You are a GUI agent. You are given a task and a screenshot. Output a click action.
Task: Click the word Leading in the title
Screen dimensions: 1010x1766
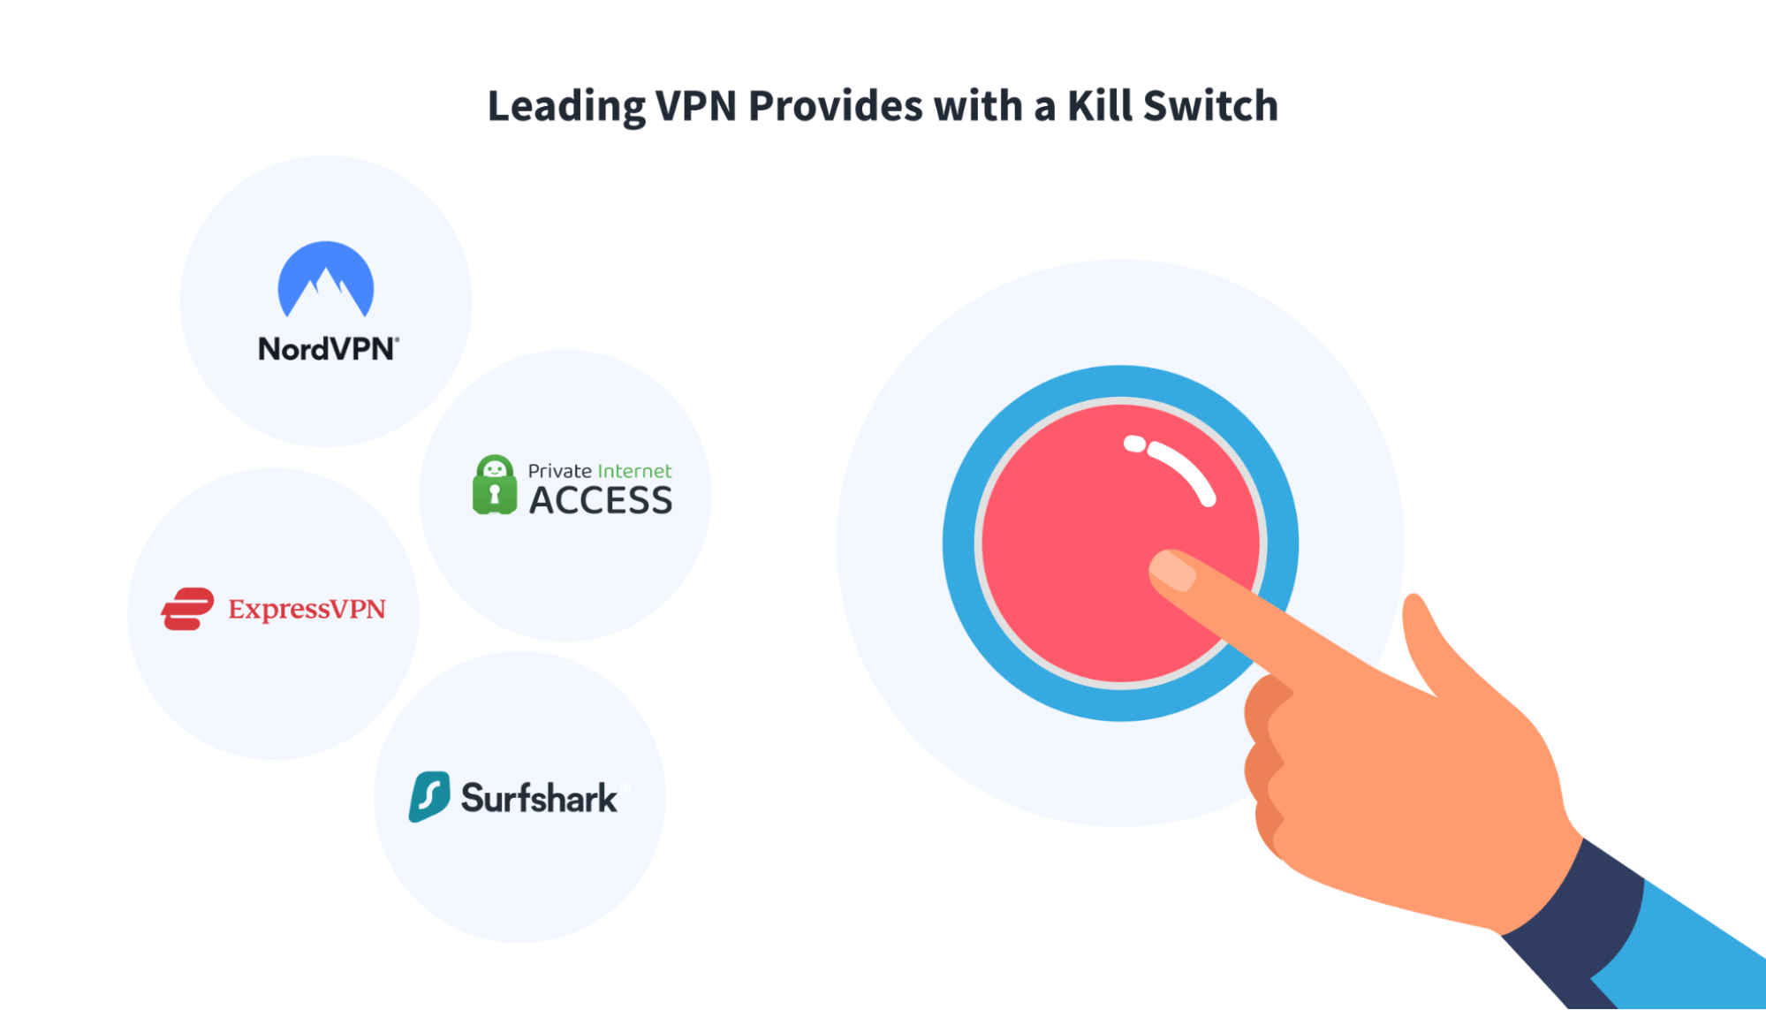(x=565, y=107)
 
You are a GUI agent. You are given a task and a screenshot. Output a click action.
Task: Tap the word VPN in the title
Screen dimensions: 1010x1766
(x=696, y=106)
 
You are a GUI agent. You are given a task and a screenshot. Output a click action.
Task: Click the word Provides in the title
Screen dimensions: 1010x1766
(x=836, y=106)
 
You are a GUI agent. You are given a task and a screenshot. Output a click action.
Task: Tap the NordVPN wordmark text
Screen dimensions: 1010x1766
(x=328, y=349)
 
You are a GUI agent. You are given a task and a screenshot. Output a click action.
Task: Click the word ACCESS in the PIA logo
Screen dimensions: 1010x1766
(x=601, y=501)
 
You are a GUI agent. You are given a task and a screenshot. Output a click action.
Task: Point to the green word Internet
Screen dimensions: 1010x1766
(x=634, y=471)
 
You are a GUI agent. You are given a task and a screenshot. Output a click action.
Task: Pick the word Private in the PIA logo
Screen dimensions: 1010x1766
(x=559, y=471)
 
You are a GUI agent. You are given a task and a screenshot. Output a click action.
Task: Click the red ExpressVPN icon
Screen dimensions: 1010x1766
(x=187, y=609)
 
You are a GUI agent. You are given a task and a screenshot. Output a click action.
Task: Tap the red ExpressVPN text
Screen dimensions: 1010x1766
(x=307, y=609)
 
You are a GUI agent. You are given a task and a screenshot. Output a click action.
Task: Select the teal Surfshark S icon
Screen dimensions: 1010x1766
(x=429, y=796)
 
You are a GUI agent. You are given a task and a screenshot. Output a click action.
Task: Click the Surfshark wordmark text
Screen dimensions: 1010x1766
(x=539, y=798)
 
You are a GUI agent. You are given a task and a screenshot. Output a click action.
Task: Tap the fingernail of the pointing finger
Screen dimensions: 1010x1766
(x=1172, y=571)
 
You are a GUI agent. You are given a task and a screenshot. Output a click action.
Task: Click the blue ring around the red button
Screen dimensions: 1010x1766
(x=963, y=543)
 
